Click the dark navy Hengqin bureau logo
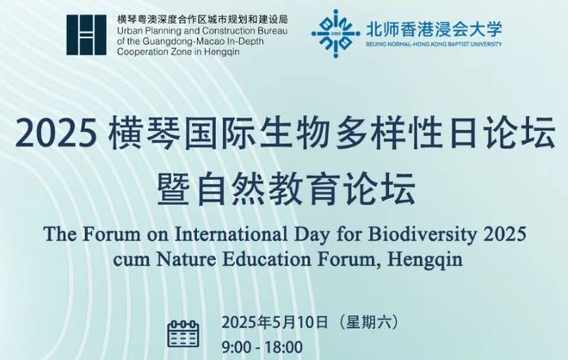pyautogui.click(x=86, y=34)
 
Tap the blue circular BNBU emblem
pyautogui.click(x=336, y=34)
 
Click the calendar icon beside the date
pyautogui.click(x=183, y=333)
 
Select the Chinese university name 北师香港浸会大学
pyautogui.click(x=434, y=29)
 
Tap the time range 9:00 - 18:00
pyautogui.click(x=262, y=347)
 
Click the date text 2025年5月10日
pyautogui.click(x=275, y=322)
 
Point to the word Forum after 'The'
pyautogui.click(x=111, y=234)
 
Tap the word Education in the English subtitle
pyautogui.click(x=267, y=260)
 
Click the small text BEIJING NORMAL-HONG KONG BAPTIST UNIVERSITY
pyautogui.click(x=434, y=44)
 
